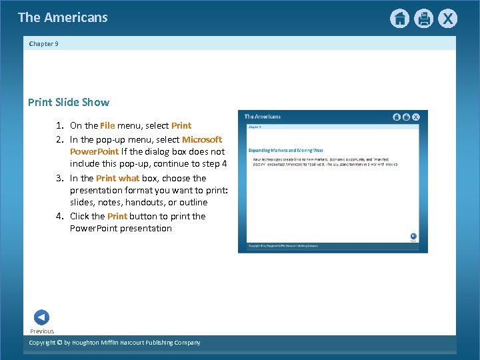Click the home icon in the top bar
(399, 19)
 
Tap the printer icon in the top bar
(423, 19)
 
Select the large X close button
(447, 19)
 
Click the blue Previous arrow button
(41, 317)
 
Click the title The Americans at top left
(63, 18)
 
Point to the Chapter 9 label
(44, 44)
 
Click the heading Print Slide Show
(69, 103)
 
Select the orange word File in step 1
(108, 125)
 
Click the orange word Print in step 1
(181, 125)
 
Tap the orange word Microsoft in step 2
(202, 139)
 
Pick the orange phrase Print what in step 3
(118, 178)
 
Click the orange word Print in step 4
(117, 216)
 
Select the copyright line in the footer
(115, 343)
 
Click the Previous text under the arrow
(41, 331)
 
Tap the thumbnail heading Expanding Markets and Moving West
(285, 151)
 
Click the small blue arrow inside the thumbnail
(413, 236)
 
